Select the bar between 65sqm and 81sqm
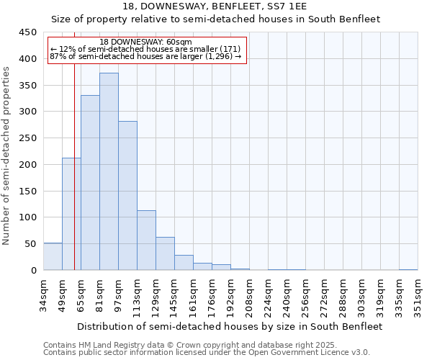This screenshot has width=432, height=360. [x=90, y=183]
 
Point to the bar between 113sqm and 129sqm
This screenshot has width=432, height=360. [x=146, y=240]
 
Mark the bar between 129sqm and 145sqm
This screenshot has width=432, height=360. [x=165, y=253]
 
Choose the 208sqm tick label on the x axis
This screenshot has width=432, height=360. [x=249, y=298]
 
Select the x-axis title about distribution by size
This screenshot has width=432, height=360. [x=230, y=326]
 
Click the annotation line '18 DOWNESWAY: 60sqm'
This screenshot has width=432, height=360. [x=146, y=42]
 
